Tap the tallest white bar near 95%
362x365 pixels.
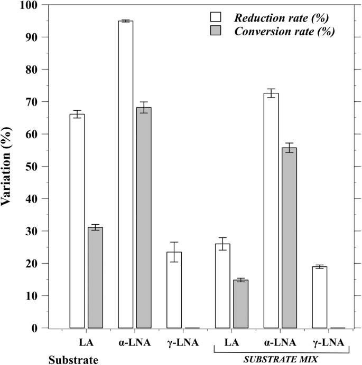coord(126,174)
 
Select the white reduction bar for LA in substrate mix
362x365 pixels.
coord(222,285)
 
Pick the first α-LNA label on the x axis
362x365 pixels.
coord(134,343)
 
